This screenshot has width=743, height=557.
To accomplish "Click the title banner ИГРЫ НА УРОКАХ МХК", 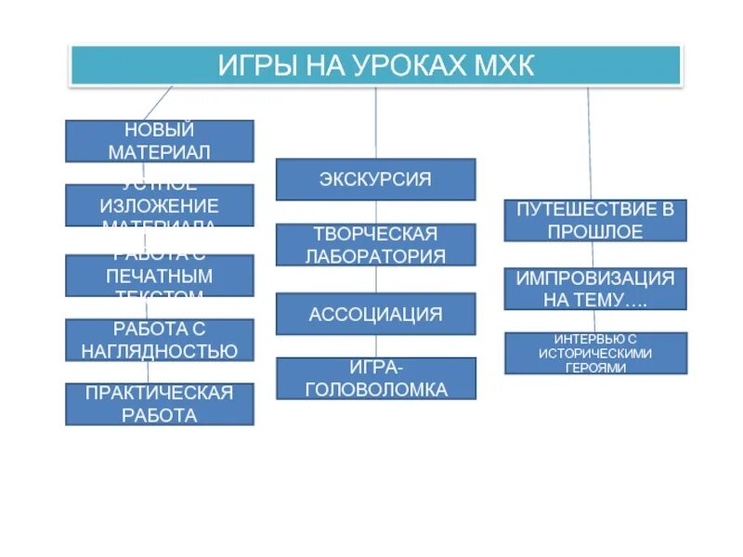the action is click(x=376, y=66).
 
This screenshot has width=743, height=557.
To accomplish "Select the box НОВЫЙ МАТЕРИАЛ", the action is click(x=159, y=141).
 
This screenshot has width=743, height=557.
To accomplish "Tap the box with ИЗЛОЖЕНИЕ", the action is click(x=159, y=205).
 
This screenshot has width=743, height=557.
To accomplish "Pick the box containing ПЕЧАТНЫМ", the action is click(x=159, y=276).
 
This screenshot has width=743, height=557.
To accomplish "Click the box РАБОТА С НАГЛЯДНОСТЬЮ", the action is click(x=159, y=340).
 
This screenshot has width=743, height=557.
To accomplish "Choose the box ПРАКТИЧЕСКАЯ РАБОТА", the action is click(x=159, y=404).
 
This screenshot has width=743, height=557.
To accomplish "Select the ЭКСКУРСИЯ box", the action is click(x=375, y=179).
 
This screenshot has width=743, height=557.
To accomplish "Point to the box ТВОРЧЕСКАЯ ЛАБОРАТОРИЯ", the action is click(x=375, y=244).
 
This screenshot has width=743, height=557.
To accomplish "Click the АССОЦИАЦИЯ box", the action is click(x=375, y=314).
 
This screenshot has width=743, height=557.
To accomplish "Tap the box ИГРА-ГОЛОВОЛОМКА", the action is click(x=375, y=379).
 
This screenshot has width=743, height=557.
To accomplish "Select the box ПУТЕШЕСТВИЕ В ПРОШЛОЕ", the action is click(x=595, y=220).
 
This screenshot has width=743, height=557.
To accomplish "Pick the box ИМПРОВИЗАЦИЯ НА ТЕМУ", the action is click(x=595, y=289).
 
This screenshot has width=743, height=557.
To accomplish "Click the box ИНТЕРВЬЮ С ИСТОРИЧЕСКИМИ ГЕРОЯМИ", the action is click(x=595, y=353).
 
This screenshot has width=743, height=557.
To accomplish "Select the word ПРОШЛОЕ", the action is click(x=595, y=231).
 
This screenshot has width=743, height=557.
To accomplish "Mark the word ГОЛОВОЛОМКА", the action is click(x=375, y=390).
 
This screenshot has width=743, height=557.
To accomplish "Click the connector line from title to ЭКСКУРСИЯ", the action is click(x=375, y=123).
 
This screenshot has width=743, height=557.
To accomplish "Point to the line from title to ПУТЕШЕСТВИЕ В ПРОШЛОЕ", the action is click(x=589, y=144).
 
